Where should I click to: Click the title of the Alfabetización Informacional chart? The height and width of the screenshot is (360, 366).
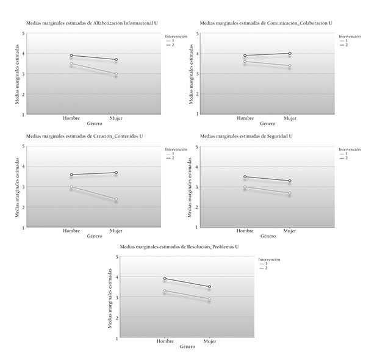pos(91,23)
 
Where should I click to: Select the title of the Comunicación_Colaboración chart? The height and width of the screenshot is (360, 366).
pos(266,23)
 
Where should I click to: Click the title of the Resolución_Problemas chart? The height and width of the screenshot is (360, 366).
pos(179,247)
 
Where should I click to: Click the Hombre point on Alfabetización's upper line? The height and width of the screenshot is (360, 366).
pos(71,55)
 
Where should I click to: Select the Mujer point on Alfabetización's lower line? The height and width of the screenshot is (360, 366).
pos(116,74)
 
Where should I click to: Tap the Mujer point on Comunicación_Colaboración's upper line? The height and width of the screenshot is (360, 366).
pos(289,53)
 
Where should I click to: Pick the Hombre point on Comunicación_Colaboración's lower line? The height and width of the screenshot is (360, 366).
pos(245,61)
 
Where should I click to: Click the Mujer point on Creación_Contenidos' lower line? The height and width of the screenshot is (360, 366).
pos(116,199)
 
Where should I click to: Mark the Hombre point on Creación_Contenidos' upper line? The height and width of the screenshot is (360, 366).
pos(71,175)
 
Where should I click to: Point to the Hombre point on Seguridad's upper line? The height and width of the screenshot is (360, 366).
pos(245,176)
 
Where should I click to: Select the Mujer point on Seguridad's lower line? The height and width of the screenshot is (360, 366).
pos(289,193)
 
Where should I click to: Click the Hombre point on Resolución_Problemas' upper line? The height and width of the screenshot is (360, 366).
pos(165,278)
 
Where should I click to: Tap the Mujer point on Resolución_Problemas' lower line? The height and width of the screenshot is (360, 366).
pos(209,298)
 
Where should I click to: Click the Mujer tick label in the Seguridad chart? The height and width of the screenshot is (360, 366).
pos(289,231)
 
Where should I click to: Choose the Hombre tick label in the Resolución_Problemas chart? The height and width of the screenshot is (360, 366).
pos(165,342)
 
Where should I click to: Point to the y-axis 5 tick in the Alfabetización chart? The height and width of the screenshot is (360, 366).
pos(23,34)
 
